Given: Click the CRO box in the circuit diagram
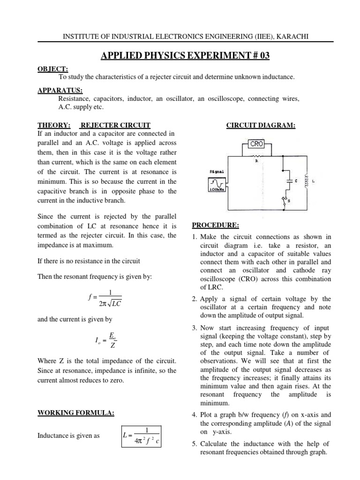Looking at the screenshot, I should tap(257, 145).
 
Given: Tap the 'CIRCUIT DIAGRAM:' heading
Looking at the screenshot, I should tap(262, 125).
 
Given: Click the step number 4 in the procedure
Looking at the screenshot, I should tap(195, 414).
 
